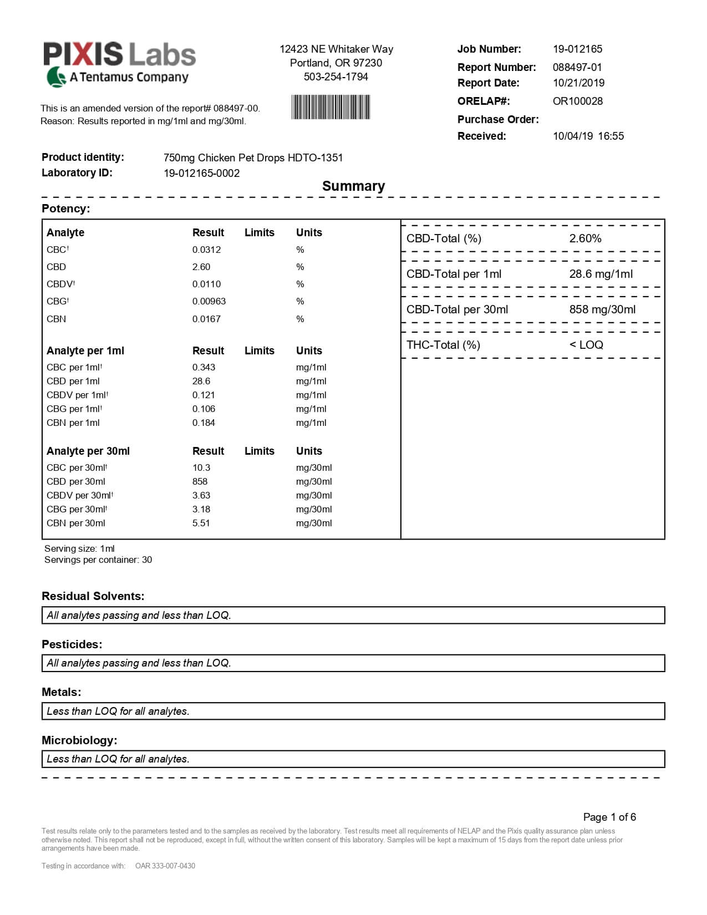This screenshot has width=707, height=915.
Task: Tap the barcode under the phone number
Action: [x=330, y=107]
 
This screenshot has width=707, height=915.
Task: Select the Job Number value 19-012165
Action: [x=577, y=49]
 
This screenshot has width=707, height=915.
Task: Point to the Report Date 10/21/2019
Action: [x=578, y=83]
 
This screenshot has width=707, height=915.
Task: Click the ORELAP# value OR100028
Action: [x=577, y=101]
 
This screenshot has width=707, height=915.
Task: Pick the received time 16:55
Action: [x=611, y=136]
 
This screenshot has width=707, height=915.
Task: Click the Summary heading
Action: [x=353, y=186]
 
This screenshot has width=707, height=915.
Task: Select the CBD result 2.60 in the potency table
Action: [x=201, y=267]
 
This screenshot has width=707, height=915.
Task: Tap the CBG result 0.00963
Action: [x=209, y=301]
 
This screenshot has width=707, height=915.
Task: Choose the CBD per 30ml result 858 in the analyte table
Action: [x=200, y=481]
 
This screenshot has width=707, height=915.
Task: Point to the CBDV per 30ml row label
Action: [x=80, y=495]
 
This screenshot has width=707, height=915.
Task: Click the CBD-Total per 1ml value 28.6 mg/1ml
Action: [x=601, y=274]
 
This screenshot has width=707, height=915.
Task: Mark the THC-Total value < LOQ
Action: [x=586, y=345]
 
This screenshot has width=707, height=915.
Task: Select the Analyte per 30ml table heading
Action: [x=88, y=451]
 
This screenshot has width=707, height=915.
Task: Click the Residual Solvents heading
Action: [x=93, y=596]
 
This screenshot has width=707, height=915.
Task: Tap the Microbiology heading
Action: [x=79, y=740]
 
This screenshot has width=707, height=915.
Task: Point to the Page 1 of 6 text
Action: [x=609, y=817]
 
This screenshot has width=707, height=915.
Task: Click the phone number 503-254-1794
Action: [x=335, y=77]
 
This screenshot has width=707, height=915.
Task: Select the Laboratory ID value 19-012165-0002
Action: [x=201, y=173]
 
